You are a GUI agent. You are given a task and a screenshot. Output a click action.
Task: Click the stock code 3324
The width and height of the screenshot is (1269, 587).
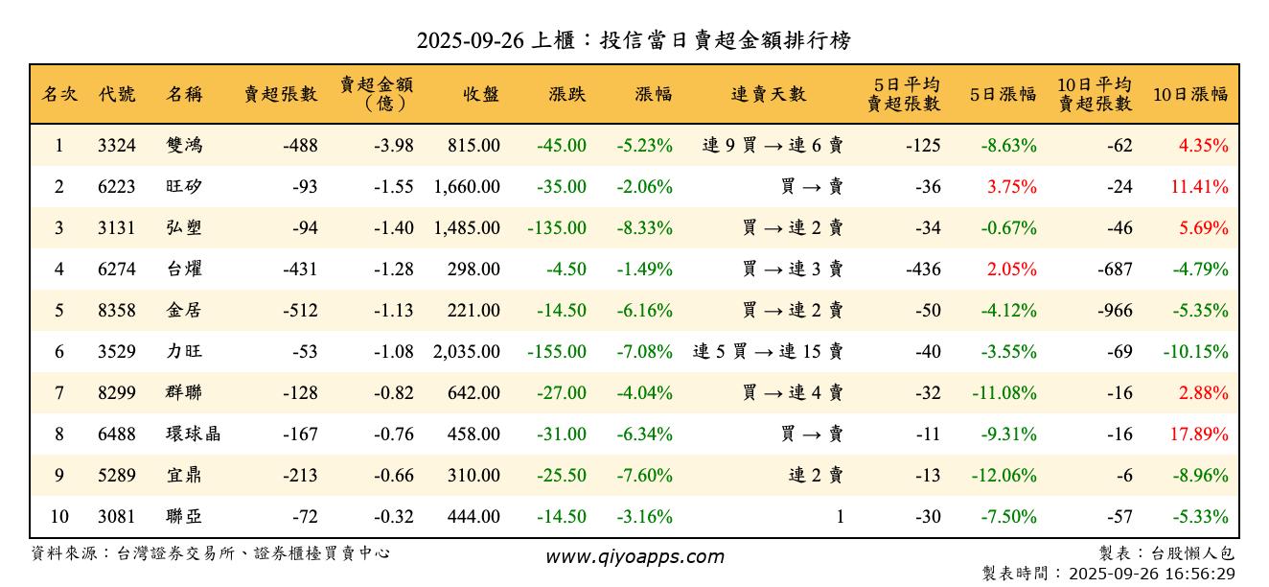click(x=117, y=146)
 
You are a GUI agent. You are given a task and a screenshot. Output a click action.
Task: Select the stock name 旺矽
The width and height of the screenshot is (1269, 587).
click(x=184, y=187)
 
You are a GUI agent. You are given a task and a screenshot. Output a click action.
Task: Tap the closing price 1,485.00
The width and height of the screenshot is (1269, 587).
click(x=467, y=228)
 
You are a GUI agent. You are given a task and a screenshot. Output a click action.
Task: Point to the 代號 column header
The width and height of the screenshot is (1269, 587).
click(x=117, y=94)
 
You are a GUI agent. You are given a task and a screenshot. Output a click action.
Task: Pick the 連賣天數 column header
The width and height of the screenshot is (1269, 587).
click(x=768, y=94)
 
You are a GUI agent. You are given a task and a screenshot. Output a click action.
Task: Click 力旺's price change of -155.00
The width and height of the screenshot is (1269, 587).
click(x=557, y=352)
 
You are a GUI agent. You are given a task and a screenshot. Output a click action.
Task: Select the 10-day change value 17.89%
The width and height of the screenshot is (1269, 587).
click(x=1199, y=434)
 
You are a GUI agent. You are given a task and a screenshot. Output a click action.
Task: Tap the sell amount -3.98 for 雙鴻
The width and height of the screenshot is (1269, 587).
click(x=394, y=146)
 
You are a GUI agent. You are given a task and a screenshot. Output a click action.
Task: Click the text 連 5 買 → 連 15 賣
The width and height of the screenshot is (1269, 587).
click(x=768, y=352)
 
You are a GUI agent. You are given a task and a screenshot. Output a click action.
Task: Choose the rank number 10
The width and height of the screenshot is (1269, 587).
click(x=59, y=517)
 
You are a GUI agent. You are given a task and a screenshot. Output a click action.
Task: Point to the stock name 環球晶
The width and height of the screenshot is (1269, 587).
click(x=193, y=434)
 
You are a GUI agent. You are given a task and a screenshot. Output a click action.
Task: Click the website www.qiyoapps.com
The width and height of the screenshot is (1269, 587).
click(x=634, y=556)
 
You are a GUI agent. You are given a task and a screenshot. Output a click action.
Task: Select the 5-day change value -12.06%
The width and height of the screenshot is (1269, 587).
click(x=1008, y=476)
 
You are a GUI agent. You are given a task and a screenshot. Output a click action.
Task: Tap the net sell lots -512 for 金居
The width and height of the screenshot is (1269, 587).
click(x=300, y=311)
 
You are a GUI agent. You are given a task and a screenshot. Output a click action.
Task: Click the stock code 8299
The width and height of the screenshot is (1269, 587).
click(x=117, y=393)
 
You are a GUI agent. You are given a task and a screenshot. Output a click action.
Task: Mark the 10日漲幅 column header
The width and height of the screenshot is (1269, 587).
click(x=1189, y=94)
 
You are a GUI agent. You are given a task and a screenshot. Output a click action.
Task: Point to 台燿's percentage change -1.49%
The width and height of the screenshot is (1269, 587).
click(x=643, y=270)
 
